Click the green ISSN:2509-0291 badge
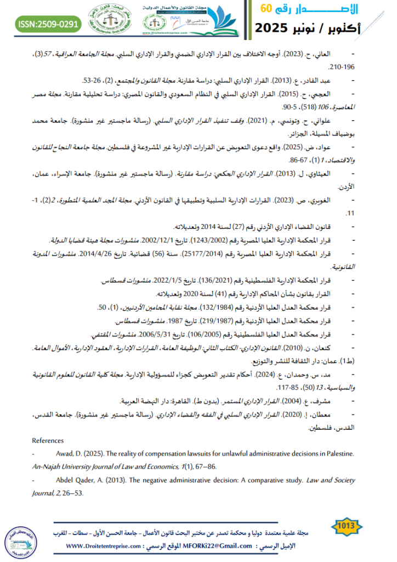pyautogui.click(x=48, y=24)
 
